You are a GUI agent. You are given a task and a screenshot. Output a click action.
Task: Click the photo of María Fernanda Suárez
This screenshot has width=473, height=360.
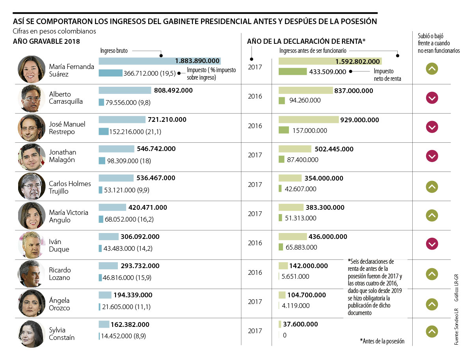click(x=32, y=69)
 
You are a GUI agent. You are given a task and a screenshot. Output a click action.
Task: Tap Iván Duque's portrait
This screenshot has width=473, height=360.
click(x=32, y=245)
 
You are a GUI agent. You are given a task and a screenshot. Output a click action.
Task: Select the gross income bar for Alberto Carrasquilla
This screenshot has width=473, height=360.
click(x=125, y=90)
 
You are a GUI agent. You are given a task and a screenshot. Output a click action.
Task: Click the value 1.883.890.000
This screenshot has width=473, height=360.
click(x=197, y=61)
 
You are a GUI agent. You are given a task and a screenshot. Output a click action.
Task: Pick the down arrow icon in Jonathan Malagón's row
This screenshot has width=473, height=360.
click(x=432, y=156)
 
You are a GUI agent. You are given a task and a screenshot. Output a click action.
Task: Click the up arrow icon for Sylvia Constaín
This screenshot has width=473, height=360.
click(x=432, y=332)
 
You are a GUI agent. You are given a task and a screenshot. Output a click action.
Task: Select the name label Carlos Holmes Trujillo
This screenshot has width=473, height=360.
click(x=70, y=187)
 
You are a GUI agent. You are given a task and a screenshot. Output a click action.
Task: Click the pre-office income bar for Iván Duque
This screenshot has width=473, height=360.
click(x=292, y=237)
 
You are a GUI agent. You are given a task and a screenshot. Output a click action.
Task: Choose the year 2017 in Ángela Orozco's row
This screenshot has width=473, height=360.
click(x=255, y=302)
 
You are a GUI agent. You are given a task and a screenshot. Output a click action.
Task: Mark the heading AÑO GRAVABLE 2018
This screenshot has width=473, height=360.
click(x=47, y=41)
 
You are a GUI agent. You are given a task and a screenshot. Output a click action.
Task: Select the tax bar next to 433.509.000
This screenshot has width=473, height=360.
click(x=292, y=72)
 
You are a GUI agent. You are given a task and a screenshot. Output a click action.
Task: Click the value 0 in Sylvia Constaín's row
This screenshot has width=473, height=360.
click(x=284, y=335)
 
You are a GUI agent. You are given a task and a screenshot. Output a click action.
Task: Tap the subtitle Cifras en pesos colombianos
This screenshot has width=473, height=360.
click(x=54, y=31)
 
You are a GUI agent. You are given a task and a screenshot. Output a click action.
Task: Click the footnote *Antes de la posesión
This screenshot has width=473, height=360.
click(x=382, y=341)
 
